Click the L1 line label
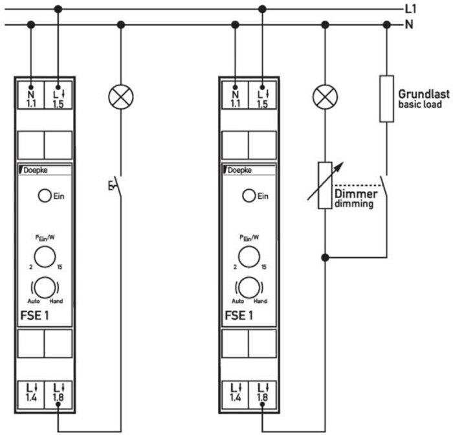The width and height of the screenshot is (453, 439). tap(410, 9)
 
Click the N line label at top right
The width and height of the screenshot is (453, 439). tap(409, 24)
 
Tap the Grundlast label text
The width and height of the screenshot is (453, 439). tap(424, 94)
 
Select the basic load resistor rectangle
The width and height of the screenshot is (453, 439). tap(386, 99)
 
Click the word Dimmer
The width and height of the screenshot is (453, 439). tap(356, 194)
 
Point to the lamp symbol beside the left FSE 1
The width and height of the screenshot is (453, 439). tap(121, 97)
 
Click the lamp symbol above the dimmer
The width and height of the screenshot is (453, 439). tap(325, 97)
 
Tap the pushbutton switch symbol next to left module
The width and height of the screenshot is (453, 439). tap(116, 186)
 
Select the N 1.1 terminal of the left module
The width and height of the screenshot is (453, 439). tap(31, 95)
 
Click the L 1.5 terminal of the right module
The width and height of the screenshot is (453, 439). tap(262, 95)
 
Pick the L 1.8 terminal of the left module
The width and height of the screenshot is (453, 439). tap(58, 395)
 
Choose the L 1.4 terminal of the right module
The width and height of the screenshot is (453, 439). tap(235, 395)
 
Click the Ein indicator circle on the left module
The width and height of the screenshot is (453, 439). tap(45, 196)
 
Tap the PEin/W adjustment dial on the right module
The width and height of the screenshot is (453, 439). tap(249, 256)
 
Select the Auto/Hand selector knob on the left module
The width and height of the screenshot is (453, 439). tap(45, 287)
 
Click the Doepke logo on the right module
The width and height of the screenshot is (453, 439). tap(238, 170)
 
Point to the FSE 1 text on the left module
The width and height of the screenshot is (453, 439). tap(35, 315)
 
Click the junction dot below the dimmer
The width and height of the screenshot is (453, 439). tap(325, 257)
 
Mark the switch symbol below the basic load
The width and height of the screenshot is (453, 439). tap(384, 186)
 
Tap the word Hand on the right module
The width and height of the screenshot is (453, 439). tap(260, 301)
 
